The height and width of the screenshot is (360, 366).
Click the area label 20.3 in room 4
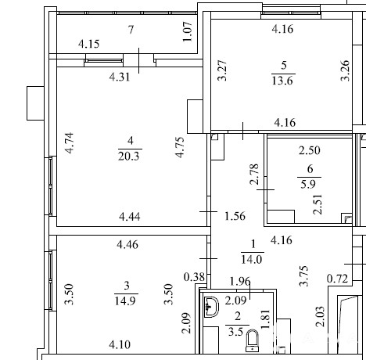(129, 157)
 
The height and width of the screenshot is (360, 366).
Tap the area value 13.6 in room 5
(282, 81)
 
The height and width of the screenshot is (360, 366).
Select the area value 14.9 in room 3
(125, 301)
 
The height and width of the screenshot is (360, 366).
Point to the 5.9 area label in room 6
(308, 185)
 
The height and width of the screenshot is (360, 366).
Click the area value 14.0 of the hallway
(251, 260)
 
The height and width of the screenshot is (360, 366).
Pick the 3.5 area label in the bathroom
(235, 332)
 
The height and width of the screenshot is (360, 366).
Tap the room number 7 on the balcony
(131, 30)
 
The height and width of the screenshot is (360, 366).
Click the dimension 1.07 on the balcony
(188, 31)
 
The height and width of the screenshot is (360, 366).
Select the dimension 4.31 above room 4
(120, 77)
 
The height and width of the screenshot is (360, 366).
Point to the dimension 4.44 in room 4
(130, 217)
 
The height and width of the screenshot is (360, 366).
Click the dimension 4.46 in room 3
(127, 245)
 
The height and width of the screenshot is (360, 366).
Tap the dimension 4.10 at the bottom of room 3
(120, 345)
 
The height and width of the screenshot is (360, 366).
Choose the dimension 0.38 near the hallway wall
(194, 277)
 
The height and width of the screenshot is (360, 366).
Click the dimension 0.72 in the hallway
(338, 279)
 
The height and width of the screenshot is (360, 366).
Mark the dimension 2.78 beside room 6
(254, 174)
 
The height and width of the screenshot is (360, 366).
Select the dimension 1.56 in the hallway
(235, 216)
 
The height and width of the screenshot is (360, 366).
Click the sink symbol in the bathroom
(211, 307)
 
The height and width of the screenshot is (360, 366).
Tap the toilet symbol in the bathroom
(252, 341)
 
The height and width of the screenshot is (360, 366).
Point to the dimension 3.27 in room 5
(222, 70)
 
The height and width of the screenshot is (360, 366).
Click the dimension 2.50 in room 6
(310, 150)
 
